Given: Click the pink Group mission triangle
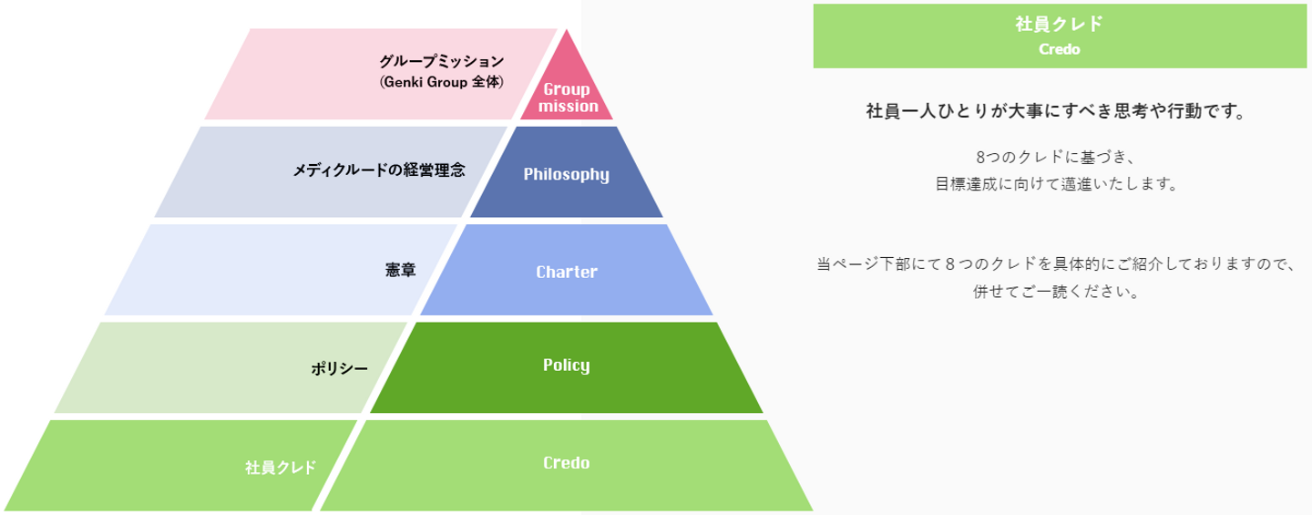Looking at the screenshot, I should [568, 91].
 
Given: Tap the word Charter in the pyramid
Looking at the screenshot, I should [567, 272].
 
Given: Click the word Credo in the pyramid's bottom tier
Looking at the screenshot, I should [567, 463].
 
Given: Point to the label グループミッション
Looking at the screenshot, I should [441, 61].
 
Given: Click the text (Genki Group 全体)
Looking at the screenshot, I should [441, 82].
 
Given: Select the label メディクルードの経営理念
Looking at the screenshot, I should [378, 170].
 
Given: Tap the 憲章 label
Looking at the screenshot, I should [401, 271].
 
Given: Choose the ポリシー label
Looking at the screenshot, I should [340, 368].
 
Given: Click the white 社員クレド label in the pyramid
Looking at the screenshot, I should [281, 468].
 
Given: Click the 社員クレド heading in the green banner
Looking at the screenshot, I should [1059, 25].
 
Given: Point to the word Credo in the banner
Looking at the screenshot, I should [1059, 50].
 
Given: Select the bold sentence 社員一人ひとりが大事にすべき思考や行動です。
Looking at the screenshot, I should [1055, 112].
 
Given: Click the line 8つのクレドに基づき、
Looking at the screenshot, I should [1055, 156].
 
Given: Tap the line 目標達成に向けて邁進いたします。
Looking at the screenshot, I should [1056, 183].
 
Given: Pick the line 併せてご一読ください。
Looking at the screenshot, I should [1056, 294].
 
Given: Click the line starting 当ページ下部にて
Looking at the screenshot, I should [1056, 264].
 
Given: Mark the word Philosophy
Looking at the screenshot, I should [567, 174].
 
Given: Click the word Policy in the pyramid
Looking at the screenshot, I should [567, 366].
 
